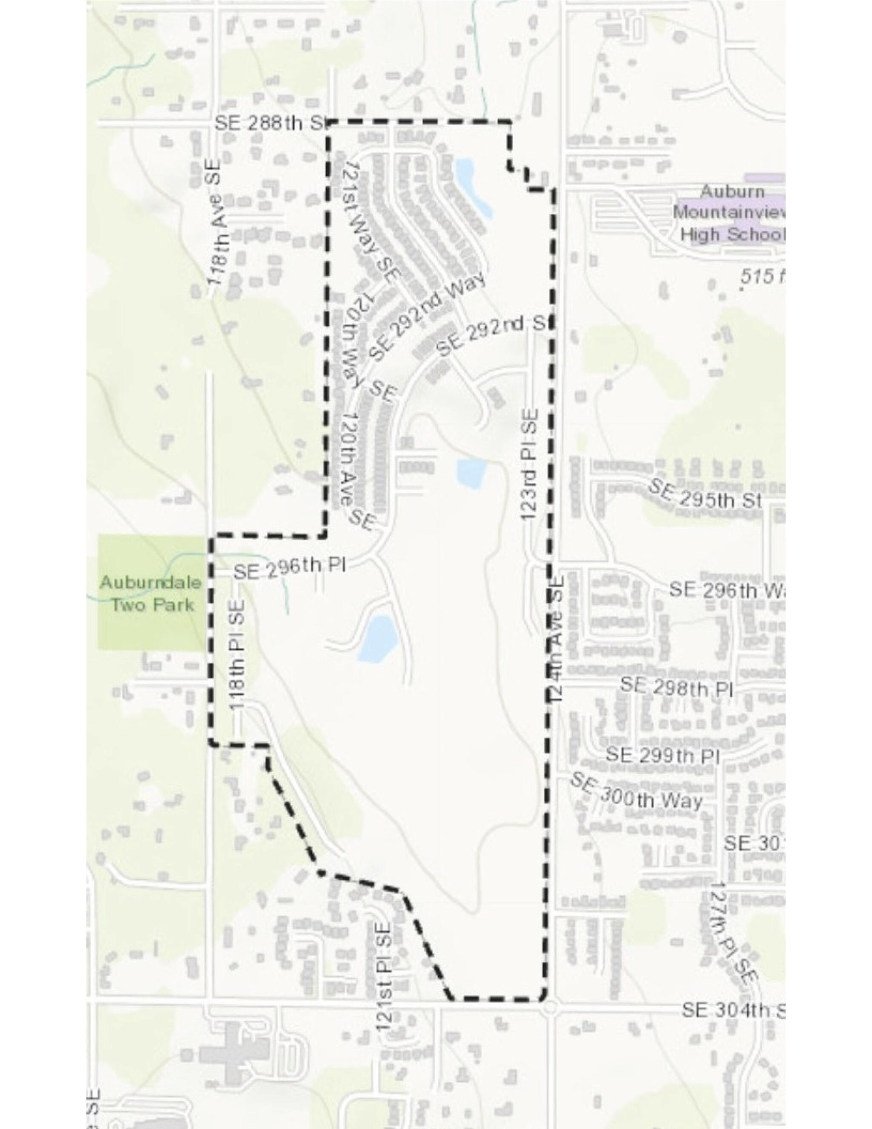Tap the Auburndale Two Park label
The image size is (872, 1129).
[x=150, y=594]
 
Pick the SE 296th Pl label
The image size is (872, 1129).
[x=290, y=570]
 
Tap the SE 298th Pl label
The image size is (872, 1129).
[x=677, y=688]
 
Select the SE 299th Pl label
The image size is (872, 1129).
[x=663, y=755]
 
